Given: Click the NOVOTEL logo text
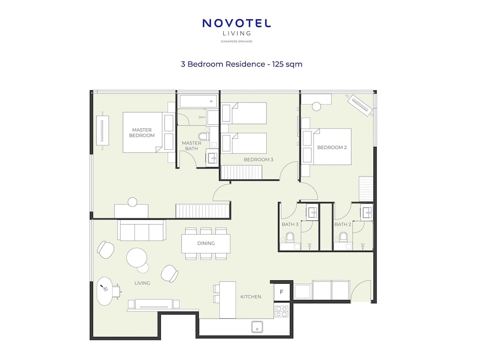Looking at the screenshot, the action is [x=236, y=24].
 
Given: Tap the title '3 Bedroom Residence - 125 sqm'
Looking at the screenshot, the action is [x=241, y=64].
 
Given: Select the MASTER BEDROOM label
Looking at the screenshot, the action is [x=142, y=132].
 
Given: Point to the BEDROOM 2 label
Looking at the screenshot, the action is [x=332, y=147].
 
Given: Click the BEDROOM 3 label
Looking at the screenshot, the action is [x=258, y=159].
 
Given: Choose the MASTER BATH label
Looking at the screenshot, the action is [x=192, y=146].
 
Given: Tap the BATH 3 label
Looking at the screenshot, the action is [x=290, y=224].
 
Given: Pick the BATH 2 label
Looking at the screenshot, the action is [x=343, y=224].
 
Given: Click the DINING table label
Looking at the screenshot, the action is [x=206, y=243].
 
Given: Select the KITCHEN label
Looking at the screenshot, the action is [x=251, y=297].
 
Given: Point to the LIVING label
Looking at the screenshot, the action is [x=143, y=283].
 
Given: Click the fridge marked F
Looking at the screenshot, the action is [x=281, y=292].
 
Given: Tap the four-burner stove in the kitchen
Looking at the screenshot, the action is [x=281, y=312].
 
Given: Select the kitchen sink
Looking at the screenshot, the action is [x=257, y=326].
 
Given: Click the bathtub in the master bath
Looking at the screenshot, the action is [x=198, y=101].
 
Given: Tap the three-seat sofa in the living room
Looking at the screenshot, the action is [x=142, y=230].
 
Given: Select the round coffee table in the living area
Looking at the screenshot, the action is [x=136, y=257].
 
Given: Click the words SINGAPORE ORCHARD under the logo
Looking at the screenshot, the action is [x=236, y=41].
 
